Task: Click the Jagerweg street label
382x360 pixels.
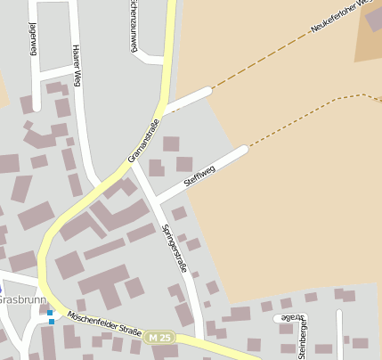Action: (x=33, y=37)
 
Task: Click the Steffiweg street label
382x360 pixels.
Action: (x=199, y=176)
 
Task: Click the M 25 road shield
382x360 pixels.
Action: (x=160, y=338)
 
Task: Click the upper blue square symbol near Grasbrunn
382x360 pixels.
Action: (x=51, y=312)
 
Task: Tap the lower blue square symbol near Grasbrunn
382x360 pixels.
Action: (x=51, y=321)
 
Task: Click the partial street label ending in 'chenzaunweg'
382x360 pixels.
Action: (x=134, y=25)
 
